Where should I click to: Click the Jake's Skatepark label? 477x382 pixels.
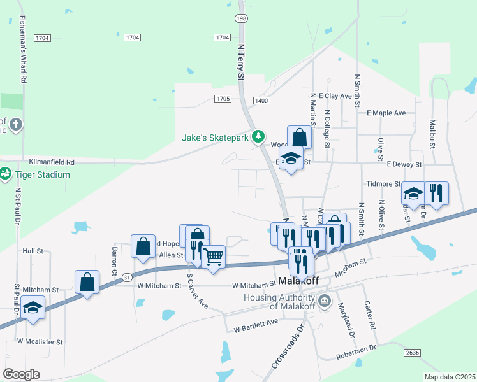pos(216,137)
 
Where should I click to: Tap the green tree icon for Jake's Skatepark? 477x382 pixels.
pos(258,136)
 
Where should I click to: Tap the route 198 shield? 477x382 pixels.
pos(242,19)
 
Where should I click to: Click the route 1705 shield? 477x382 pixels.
pos(223,99)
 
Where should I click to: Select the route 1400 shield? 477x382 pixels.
pos(261,101)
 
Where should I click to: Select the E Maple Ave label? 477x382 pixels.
pos(386,113)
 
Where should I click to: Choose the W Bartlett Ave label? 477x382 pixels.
pos(256,326)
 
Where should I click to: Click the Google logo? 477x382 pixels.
pos(22,374)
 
